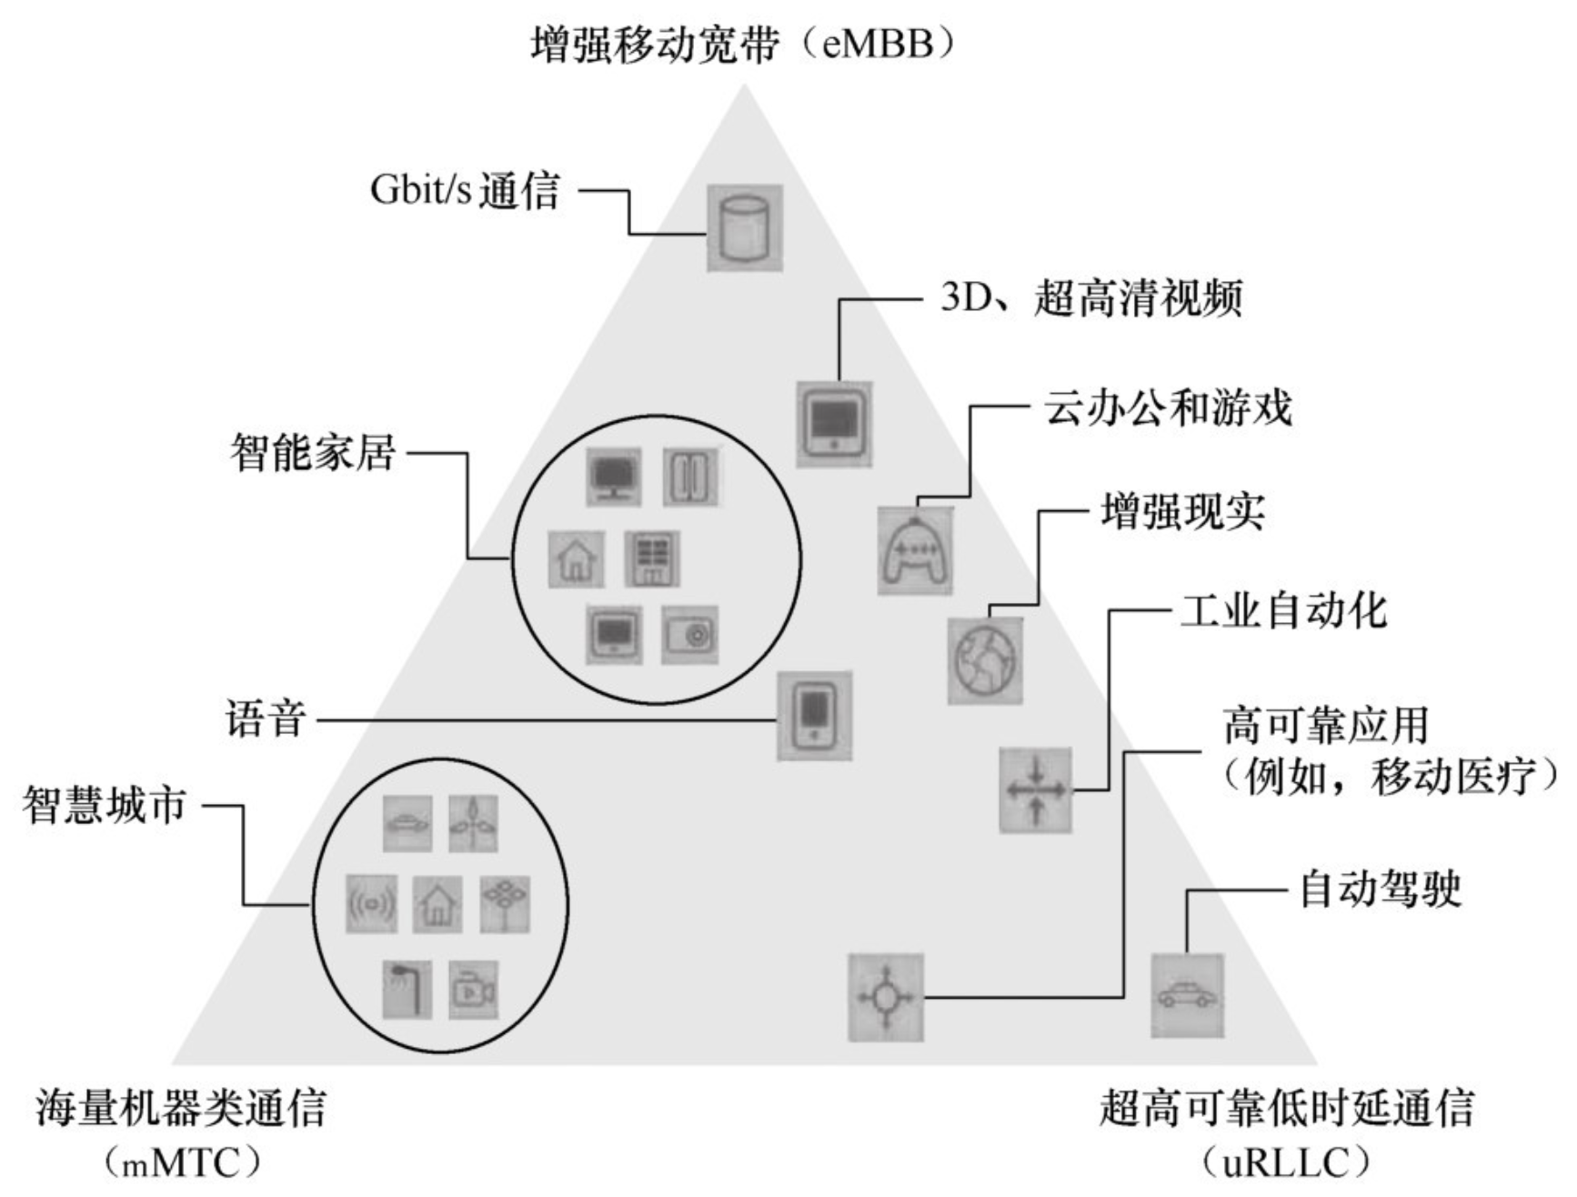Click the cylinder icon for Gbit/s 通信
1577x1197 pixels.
pyautogui.click(x=744, y=227)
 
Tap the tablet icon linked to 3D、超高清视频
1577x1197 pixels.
pyautogui.click(x=834, y=424)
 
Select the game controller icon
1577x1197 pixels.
pyautogui.click(x=915, y=551)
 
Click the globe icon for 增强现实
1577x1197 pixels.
pyautogui.click(x=985, y=660)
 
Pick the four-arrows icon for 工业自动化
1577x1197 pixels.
pyautogui.click(x=1035, y=790)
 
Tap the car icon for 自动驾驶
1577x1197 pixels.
pyautogui.click(x=1187, y=995)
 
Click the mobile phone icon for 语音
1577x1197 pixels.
pyautogui.click(x=814, y=716)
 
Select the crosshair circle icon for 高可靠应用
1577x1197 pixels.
pyautogui.click(x=885, y=997)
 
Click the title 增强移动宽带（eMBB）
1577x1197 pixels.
pyautogui.click(x=744, y=43)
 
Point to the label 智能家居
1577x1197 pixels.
pyautogui.click(x=312, y=452)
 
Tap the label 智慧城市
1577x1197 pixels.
pyautogui.click(x=105, y=805)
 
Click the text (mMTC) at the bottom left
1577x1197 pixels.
pyautogui.click(x=181, y=1163)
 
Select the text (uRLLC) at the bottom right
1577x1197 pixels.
pyautogui.click(x=1286, y=1163)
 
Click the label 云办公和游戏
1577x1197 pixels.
pyautogui.click(x=1167, y=407)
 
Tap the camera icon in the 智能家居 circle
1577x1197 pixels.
pyautogui.click(x=689, y=634)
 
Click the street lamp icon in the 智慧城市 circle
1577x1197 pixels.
pyautogui.click(x=407, y=989)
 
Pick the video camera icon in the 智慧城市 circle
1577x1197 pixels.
pyautogui.click(x=473, y=989)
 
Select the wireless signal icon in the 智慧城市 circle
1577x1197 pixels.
pyautogui.click(x=371, y=903)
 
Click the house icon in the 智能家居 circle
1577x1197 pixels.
pyautogui.click(x=576, y=558)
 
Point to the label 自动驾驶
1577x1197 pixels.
pyautogui.click(x=1380, y=889)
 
